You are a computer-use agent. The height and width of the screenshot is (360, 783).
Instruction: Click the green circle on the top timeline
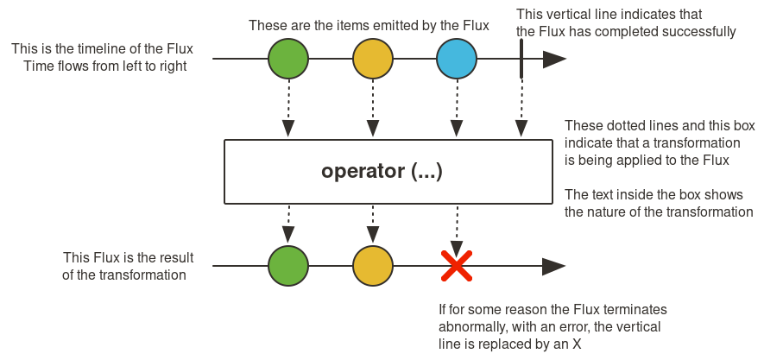288,60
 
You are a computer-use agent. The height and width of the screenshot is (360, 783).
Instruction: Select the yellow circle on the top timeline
373,60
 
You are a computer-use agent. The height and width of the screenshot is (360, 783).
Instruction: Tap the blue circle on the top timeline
457,60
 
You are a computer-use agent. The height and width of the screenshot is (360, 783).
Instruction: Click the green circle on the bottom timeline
288,266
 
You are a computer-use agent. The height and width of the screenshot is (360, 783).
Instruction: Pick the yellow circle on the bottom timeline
373,266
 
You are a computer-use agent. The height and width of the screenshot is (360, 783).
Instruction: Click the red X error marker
457,266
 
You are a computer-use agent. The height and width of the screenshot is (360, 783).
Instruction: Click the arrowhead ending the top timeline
554,60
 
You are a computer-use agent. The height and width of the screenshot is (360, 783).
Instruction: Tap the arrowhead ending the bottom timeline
554,266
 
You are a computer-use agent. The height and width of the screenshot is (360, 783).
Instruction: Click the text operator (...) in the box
382,171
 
